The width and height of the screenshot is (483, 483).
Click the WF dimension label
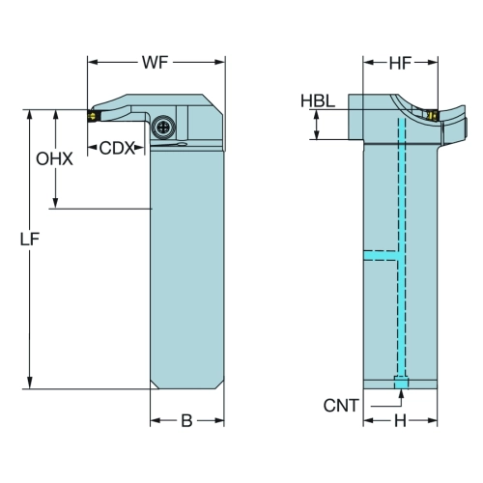pos(156,62)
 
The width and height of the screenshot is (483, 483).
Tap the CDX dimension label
pos(116,148)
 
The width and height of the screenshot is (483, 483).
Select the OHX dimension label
pos(54,159)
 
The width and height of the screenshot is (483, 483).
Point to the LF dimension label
pos(30,240)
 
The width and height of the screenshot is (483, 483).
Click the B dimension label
pos(186,420)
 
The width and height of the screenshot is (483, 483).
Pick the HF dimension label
pos(400,63)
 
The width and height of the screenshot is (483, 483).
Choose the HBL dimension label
pos(318,100)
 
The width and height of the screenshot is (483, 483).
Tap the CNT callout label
pos(341,406)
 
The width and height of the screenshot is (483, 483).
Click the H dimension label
pos(400,420)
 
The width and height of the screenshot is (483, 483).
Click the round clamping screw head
pos(162,128)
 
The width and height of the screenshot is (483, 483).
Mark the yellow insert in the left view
pos(92,116)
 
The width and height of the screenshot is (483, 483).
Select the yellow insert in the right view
pos(433,115)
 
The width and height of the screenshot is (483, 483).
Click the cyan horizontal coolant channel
pos(381,255)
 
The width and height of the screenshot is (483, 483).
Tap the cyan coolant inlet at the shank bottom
pos(401,384)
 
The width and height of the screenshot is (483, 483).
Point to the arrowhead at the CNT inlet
pos(401,393)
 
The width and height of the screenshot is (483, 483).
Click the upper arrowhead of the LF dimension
pos(30,115)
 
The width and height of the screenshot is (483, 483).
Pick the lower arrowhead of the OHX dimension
pos(55,203)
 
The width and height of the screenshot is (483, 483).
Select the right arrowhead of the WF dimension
pos(219,62)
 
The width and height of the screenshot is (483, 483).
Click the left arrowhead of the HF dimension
pos(369,62)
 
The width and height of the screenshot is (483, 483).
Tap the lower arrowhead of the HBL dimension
pos(317,134)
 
